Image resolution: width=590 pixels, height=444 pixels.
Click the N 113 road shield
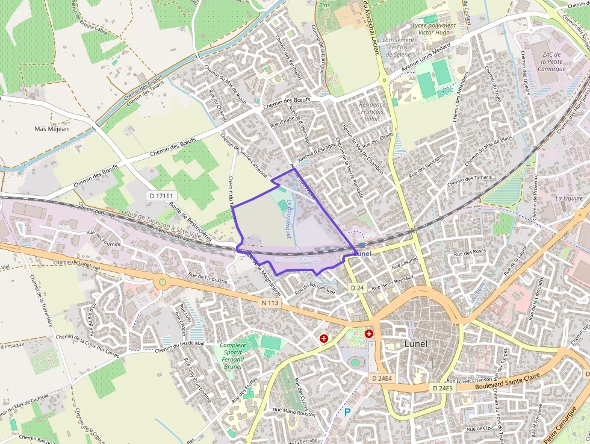pyautogui.click(x=270, y=303)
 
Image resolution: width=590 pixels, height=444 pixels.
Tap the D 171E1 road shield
pyautogui.click(x=161, y=196)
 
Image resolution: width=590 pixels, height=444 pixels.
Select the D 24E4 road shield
pyautogui.click(x=382, y=378)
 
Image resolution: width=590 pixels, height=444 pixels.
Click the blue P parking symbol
pyautogui.click(x=347, y=412)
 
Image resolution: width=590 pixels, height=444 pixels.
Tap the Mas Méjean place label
pyautogui.click(x=51, y=129)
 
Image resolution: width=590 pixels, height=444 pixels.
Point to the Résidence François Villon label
pyautogui.click(x=371, y=111)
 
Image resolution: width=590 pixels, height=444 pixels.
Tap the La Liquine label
pyautogui.click(x=569, y=198)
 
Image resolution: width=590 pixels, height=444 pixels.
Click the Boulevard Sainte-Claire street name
pyautogui.click(x=505, y=379)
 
